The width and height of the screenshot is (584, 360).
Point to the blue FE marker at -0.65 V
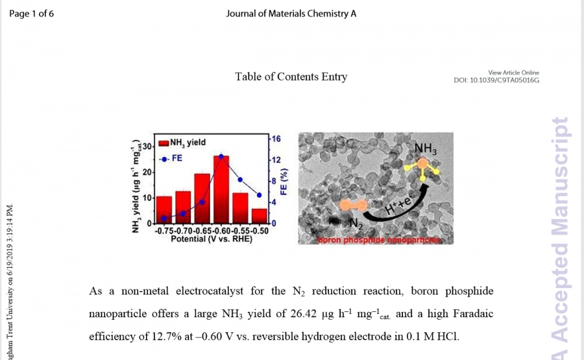point(202,202)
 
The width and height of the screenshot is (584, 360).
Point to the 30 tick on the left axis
point(147,147)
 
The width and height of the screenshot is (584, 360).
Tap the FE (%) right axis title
point(284,182)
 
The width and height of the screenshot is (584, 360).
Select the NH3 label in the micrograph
point(425,149)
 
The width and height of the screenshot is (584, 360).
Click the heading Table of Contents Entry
point(291,77)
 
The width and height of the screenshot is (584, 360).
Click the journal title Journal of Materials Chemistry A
point(291,14)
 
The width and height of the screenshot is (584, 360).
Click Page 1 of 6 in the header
point(32,14)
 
